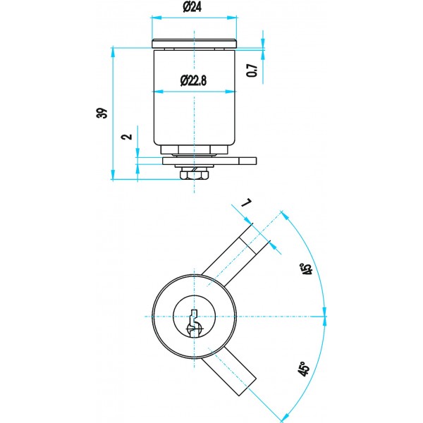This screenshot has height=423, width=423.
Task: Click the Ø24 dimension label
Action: click(x=192, y=7)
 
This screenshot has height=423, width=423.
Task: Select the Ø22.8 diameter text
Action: click(x=194, y=80)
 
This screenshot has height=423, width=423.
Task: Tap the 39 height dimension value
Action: click(x=102, y=113)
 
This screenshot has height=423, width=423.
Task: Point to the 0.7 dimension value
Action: click(x=252, y=70)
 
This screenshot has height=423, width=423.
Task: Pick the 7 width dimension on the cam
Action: click(x=247, y=203)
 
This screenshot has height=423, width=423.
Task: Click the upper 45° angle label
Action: click(x=307, y=269)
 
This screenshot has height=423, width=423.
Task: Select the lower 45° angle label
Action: click(x=303, y=369)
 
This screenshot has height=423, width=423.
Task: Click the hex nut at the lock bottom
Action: click(x=195, y=175)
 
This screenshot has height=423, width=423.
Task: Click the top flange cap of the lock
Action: click(x=195, y=44)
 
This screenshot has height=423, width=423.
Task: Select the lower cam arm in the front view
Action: click(x=228, y=372)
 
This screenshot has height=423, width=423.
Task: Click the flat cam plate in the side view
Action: click(x=209, y=161)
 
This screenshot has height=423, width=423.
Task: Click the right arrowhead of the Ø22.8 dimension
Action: click(x=231, y=92)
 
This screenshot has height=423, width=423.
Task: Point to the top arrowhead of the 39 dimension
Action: click(x=113, y=52)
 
